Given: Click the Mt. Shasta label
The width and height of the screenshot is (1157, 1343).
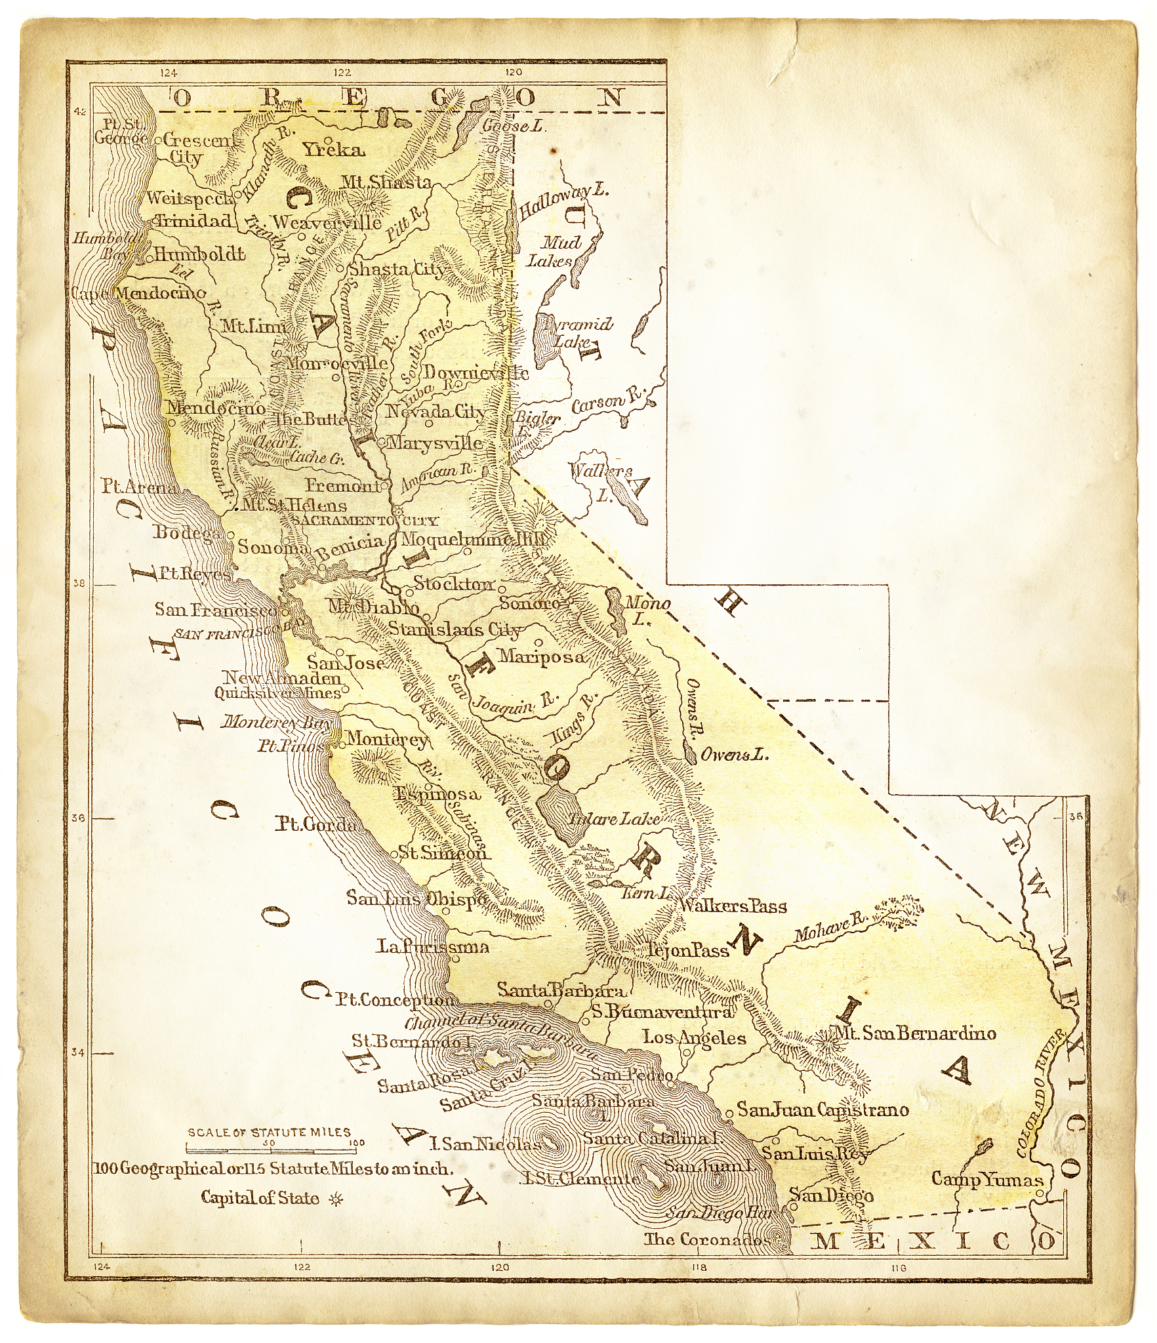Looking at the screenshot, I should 386,182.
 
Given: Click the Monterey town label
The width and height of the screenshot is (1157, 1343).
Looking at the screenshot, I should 386,740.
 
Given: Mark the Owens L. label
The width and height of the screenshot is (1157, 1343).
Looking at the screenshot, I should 734,755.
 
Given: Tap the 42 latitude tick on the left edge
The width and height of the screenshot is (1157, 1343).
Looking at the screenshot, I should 80,112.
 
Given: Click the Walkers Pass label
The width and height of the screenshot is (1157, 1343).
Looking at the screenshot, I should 733,907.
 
